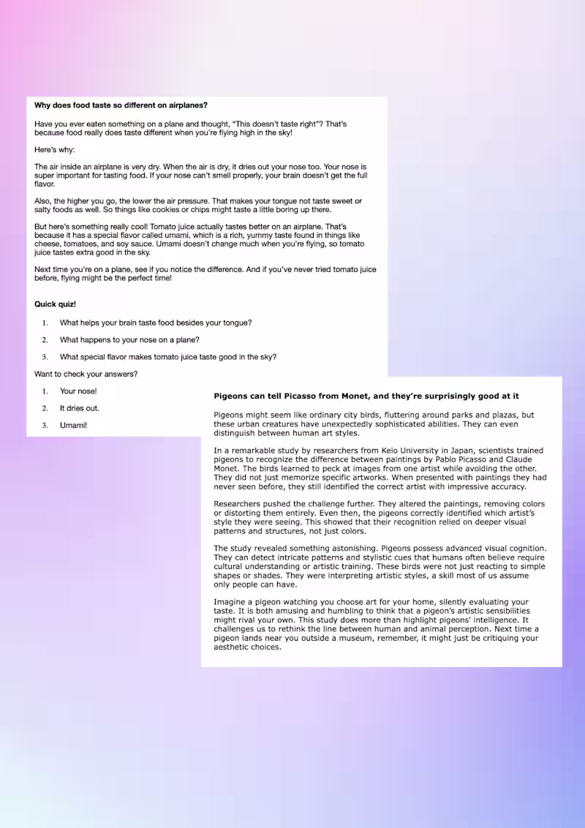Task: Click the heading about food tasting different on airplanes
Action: [x=121, y=105]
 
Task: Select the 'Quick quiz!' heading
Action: [x=55, y=304]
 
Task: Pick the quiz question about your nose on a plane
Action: [x=129, y=340]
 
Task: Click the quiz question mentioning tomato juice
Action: [x=168, y=357]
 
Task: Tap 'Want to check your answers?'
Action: [x=86, y=374]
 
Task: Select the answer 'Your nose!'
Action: [x=78, y=391]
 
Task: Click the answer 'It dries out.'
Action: [x=80, y=408]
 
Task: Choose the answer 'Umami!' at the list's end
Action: [x=73, y=425]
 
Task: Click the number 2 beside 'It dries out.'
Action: [x=45, y=408]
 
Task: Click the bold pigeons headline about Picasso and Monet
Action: [x=366, y=396]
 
